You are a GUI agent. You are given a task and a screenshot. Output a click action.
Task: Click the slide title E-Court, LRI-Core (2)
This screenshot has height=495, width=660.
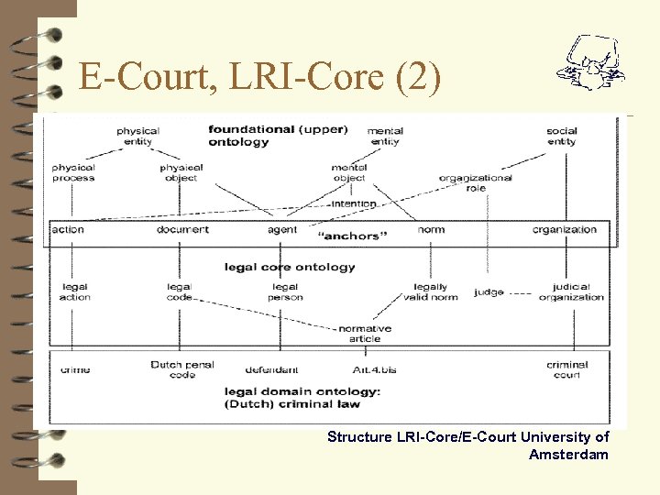pyautogui.click(x=260, y=77)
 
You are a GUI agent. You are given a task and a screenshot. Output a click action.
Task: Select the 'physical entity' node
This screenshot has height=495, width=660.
pyautogui.click(x=137, y=137)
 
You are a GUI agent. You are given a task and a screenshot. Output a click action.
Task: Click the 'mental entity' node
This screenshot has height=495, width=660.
pyautogui.click(x=385, y=137)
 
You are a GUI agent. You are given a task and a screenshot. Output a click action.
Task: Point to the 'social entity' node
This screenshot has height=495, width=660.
pyautogui.click(x=561, y=137)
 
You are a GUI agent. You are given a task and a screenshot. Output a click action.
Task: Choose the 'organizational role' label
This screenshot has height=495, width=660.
pyautogui.click(x=475, y=182)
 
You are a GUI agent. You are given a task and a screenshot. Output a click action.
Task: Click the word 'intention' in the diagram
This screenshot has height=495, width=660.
pyautogui.click(x=354, y=203)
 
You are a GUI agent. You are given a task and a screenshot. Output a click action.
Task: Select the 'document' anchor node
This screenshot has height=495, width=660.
pyautogui.click(x=182, y=229)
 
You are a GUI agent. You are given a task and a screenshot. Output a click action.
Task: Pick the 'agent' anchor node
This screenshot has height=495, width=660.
pyautogui.click(x=282, y=229)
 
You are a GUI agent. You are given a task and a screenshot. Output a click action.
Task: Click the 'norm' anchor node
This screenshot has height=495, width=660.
pyautogui.click(x=431, y=229)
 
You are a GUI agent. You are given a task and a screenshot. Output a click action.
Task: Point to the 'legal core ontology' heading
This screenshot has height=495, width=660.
pyautogui.click(x=290, y=267)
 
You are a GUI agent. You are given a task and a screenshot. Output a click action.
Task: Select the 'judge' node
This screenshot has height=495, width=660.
pyautogui.click(x=489, y=292)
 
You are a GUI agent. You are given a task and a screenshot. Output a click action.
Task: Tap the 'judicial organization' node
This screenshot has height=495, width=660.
pyautogui.click(x=571, y=292)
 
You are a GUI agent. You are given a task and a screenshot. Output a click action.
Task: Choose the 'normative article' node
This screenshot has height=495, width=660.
pyautogui.click(x=364, y=333)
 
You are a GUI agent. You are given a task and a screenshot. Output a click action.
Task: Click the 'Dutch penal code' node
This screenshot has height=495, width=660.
pyautogui.click(x=182, y=369)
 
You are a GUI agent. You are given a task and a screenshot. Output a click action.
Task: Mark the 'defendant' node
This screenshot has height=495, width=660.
pyautogui.click(x=271, y=370)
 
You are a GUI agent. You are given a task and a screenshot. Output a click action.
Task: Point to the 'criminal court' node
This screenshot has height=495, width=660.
pyautogui.click(x=567, y=369)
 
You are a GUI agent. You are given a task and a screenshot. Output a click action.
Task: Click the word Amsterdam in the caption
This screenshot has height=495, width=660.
pyautogui.click(x=568, y=454)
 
